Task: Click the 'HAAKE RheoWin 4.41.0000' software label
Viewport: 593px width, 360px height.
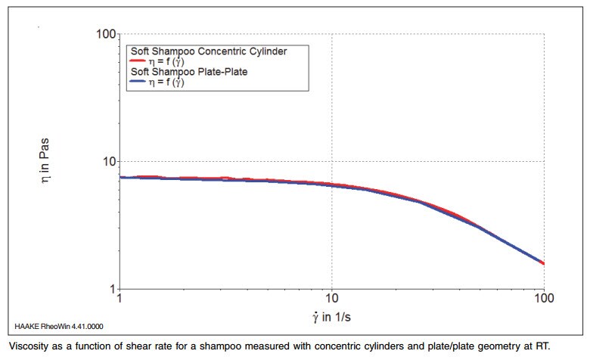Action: pos(59,327)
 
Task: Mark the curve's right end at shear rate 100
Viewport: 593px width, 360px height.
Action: pos(544,263)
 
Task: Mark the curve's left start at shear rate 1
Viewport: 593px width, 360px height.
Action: pos(121,178)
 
